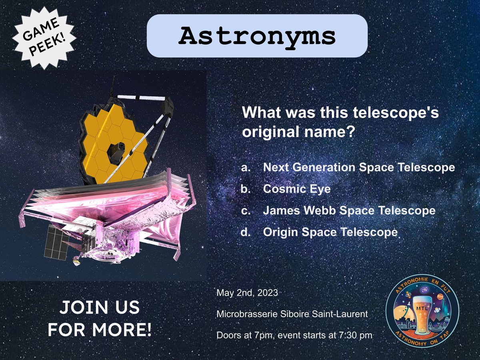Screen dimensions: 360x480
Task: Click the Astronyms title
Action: click(x=257, y=36)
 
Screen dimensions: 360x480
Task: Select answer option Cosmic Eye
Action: click(x=297, y=189)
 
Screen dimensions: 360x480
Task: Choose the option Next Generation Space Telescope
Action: click(x=359, y=167)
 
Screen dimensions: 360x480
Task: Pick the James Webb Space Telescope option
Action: click(x=349, y=210)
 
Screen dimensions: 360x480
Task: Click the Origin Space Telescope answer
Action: click(x=330, y=232)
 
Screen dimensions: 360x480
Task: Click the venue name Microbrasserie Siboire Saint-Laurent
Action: click(x=292, y=314)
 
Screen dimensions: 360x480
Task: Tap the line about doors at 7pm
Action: click(x=294, y=335)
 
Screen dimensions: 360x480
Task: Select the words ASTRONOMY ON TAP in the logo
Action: click(x=422, y=340)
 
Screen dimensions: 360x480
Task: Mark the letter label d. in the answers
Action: click(x=246, y=232)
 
